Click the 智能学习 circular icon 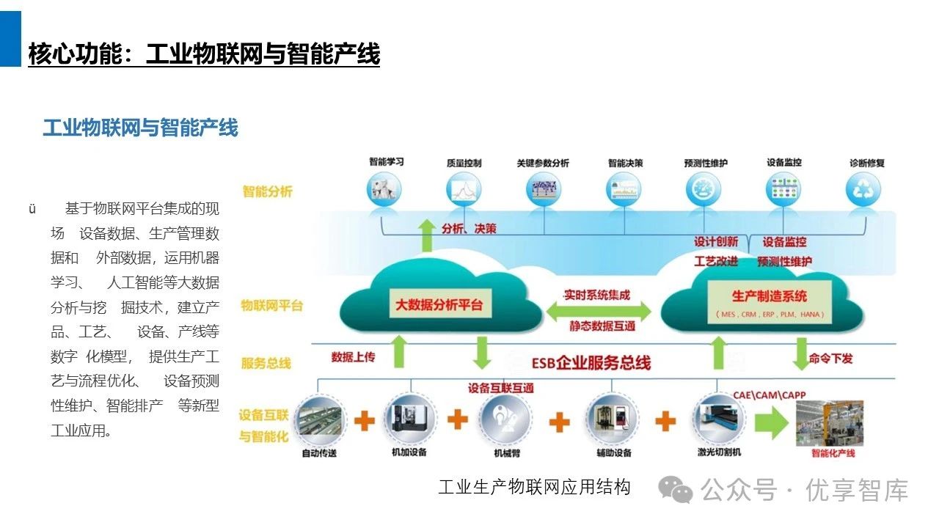tap(387, 189)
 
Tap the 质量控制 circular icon tap(464, 189)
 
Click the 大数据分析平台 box tap(439, 305)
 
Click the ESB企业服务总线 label tap(591, 362)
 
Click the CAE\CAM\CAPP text tap(770, 395)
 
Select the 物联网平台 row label tap(271, 306)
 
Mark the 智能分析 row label tap(268, 191)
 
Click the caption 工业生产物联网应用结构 tap(534, 488)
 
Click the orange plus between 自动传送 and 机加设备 tap(365, 420)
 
